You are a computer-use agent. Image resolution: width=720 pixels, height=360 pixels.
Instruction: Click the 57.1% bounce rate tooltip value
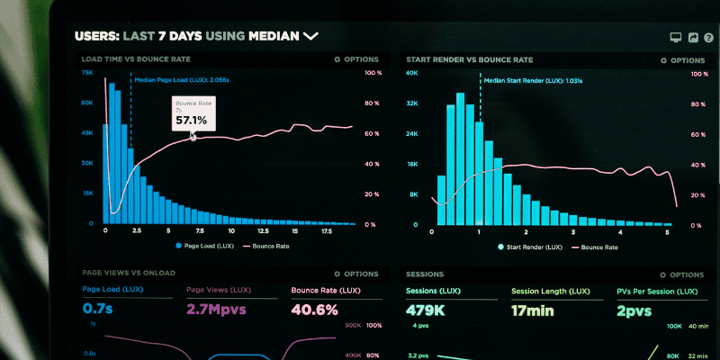(x=191, y=120)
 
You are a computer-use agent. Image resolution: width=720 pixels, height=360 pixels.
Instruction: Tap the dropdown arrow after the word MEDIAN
(x=310, y=37)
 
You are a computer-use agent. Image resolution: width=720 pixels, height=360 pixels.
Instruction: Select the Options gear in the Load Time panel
(x=337, y=60)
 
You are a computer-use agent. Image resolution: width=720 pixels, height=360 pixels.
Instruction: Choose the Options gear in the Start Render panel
(x=664, y=60)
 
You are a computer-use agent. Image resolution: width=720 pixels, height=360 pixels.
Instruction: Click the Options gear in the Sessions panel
(x=664, y=274)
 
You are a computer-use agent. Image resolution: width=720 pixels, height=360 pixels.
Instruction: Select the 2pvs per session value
(x=634, y=310)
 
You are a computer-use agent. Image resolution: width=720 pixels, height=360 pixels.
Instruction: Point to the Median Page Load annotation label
(x=181, y=80)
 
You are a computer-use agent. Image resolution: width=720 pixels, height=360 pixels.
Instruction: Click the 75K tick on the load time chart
(x=87, y=73)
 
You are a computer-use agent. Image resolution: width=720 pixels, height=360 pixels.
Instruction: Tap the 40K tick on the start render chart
(x=412, y=73)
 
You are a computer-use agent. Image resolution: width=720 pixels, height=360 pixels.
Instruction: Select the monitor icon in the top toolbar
(x=675, y=38)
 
